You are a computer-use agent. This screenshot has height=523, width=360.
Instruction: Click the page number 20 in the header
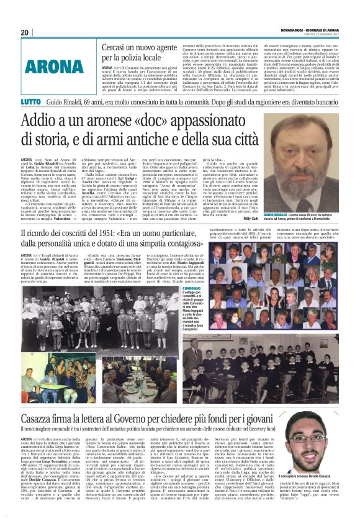click(25, 32)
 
